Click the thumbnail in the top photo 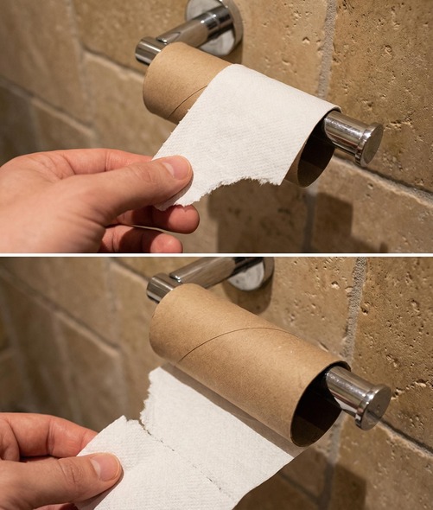pyautogui.click(x=176, y=166)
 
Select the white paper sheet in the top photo pyautogui.click(x=242, y=130)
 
